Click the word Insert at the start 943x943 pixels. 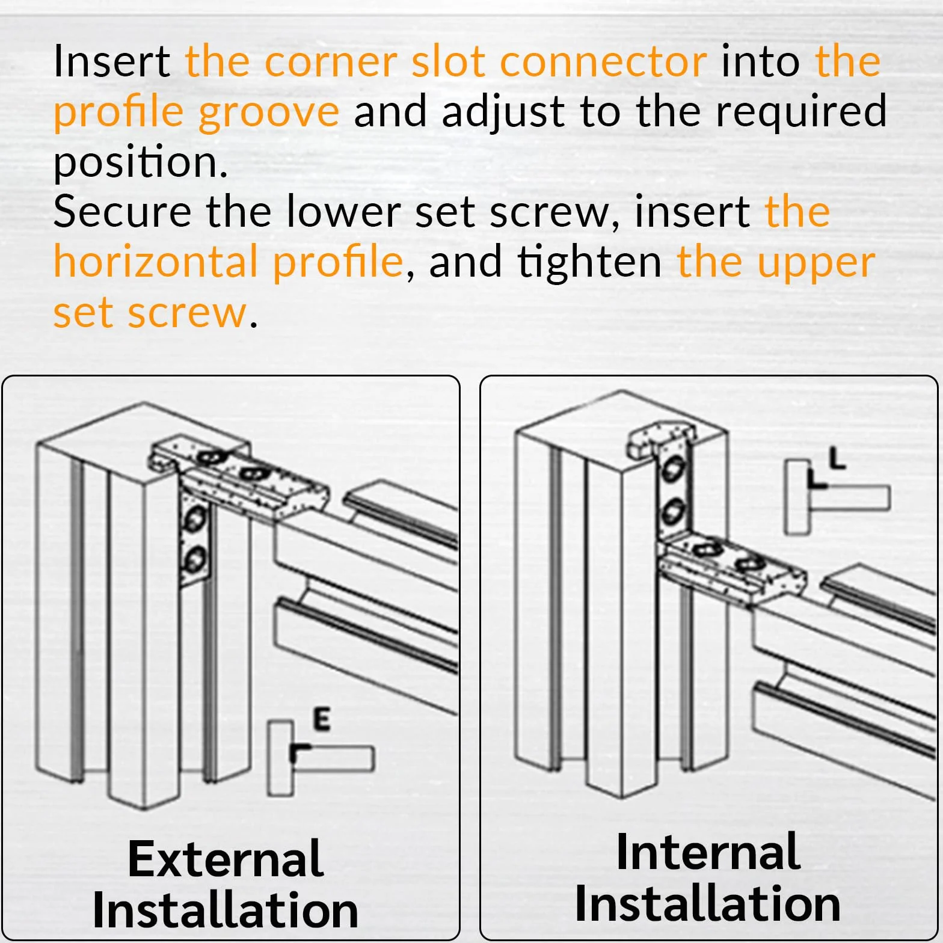point(112,62)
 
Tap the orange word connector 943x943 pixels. point(603,62)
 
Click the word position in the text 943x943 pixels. point(141,164)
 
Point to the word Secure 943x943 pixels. point(122,212)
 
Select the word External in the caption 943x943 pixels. point(226,858)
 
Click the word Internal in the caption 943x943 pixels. point(708,852)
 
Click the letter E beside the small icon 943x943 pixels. point(322,719)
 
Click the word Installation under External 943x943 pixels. point(226,909)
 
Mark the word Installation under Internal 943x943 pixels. point(708,903)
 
